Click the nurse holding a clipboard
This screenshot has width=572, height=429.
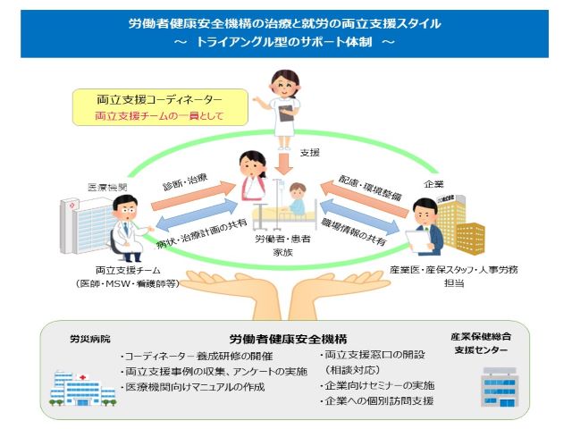click(x=283, y=101)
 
